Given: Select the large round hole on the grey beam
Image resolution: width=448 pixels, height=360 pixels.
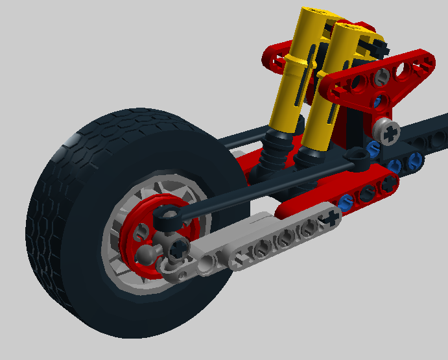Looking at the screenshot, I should click(209, 263).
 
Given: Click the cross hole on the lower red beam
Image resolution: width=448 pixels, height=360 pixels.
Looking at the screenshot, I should click(389, 184).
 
